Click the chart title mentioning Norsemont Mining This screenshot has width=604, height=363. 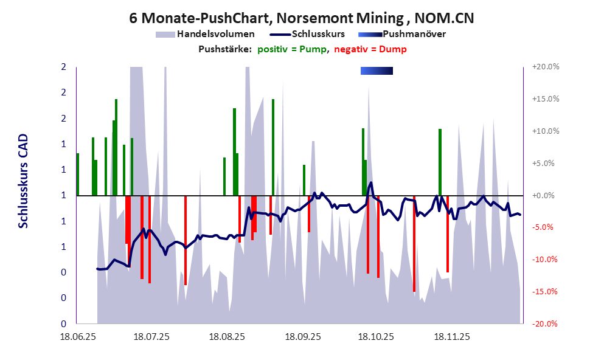(302, 18)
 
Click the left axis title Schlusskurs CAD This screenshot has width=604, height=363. (23, 182)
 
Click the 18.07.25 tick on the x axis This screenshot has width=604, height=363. (152, 336)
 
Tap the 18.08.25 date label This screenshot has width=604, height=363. (227, 336)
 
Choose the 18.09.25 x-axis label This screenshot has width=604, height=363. (304, 336)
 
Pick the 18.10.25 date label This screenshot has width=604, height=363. (377, 336)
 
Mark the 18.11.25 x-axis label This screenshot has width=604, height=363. (452, 336)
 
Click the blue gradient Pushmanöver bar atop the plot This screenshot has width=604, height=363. (377, 71)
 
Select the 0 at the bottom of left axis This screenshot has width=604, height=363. (63, 323)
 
